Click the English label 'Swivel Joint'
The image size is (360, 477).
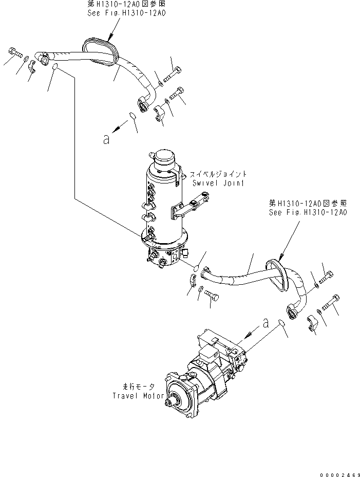coord(218,182)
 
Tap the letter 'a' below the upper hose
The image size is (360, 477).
coord(106,139)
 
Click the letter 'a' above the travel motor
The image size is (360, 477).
coord(265,323)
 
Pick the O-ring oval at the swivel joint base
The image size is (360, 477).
coord(197,267)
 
